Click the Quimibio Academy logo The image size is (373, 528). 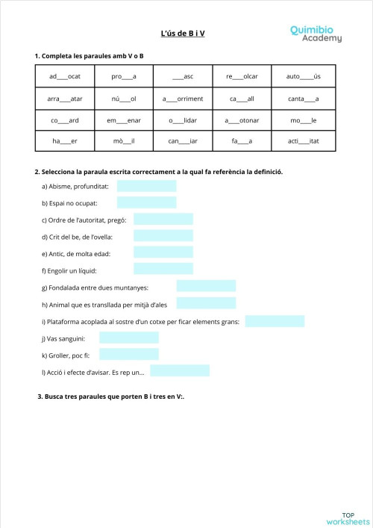316,33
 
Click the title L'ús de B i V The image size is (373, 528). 183,34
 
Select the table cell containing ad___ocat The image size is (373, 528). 64,76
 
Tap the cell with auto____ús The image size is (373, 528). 304,76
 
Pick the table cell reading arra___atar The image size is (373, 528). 64,98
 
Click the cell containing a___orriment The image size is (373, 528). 183,98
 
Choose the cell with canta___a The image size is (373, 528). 304,98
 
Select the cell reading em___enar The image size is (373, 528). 123,119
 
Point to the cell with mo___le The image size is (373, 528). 304,119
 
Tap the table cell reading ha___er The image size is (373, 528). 64,140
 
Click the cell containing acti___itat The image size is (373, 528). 304,140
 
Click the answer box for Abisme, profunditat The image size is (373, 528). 146,186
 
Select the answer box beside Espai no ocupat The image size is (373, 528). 146,202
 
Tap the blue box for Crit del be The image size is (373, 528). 163,236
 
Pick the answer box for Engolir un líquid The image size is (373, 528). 163,270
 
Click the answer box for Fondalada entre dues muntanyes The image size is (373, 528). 206,286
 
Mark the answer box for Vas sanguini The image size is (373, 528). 129,338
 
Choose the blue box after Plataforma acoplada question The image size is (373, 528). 275,321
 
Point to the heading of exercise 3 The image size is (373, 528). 110,397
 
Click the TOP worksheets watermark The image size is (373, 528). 348,518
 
